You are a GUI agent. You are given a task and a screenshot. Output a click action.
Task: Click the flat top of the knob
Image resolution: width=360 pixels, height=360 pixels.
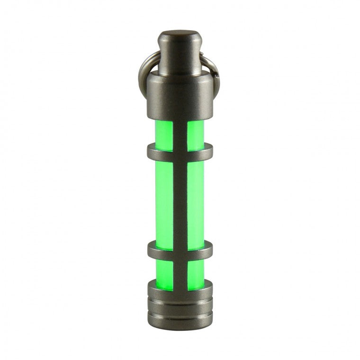pos(180,34)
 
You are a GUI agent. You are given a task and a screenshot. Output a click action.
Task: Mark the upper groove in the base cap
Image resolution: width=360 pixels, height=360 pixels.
pos(180,299)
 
